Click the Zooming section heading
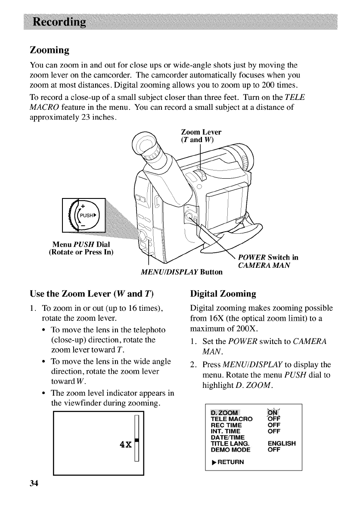point(50,50)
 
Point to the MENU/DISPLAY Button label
point(182,272)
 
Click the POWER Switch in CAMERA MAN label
point(268,261)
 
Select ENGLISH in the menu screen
point(282,443)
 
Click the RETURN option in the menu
point(227,462)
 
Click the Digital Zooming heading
point(223,294)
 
